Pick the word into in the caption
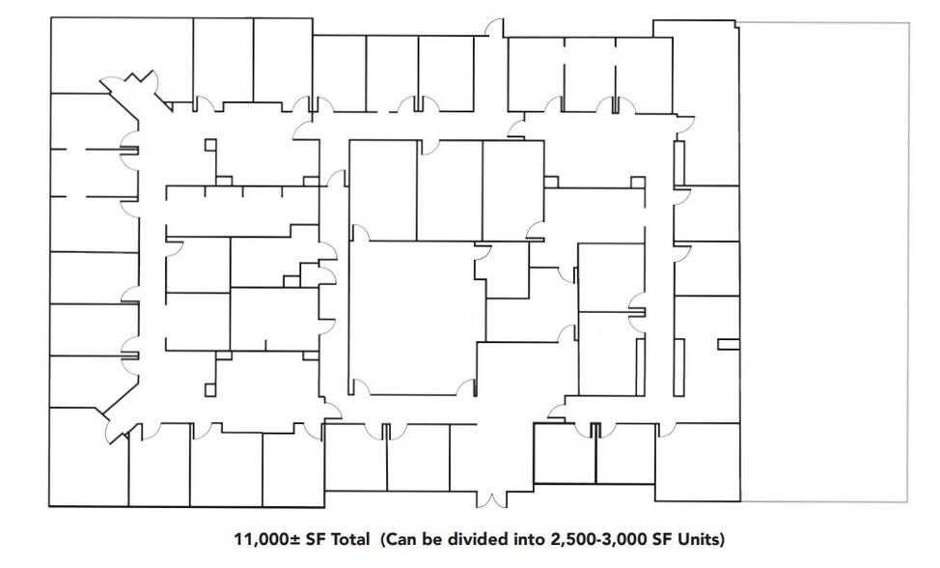tap(530, 539)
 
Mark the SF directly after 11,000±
tap(314, 539)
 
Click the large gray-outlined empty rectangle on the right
tap(824, 262)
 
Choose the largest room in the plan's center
tap(416, 318)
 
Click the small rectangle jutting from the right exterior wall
tap(729, 344)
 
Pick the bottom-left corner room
tap(88, 459)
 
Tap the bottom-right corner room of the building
tap(697, 462)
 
